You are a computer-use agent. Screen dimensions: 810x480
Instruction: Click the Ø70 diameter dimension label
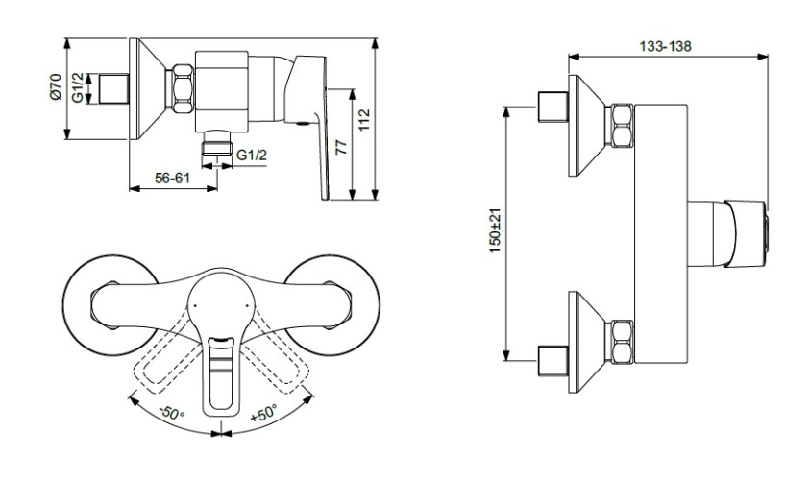56,86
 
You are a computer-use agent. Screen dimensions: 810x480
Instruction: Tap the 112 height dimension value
364,120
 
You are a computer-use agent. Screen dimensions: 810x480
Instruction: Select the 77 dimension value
341,147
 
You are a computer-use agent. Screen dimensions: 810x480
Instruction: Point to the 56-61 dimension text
173,178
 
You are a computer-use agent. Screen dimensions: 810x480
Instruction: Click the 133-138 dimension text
665,46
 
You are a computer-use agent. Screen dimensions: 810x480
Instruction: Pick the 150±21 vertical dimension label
495,230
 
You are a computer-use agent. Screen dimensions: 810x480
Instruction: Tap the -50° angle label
172,413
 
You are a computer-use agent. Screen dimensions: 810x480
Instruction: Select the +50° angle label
263,413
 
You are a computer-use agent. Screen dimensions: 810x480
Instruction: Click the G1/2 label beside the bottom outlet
252,155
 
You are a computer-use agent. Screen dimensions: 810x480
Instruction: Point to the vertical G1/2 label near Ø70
78,87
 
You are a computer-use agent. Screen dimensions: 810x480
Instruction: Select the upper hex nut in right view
622,126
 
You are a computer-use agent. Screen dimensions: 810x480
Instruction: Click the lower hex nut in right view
622,342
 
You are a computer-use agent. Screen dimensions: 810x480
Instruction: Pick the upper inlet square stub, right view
553,108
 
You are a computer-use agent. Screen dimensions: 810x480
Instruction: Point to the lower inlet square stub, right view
553,360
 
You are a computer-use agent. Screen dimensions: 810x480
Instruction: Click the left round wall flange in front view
110,305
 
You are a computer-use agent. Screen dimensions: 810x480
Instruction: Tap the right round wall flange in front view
332,305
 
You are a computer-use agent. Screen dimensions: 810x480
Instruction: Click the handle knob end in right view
747,233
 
